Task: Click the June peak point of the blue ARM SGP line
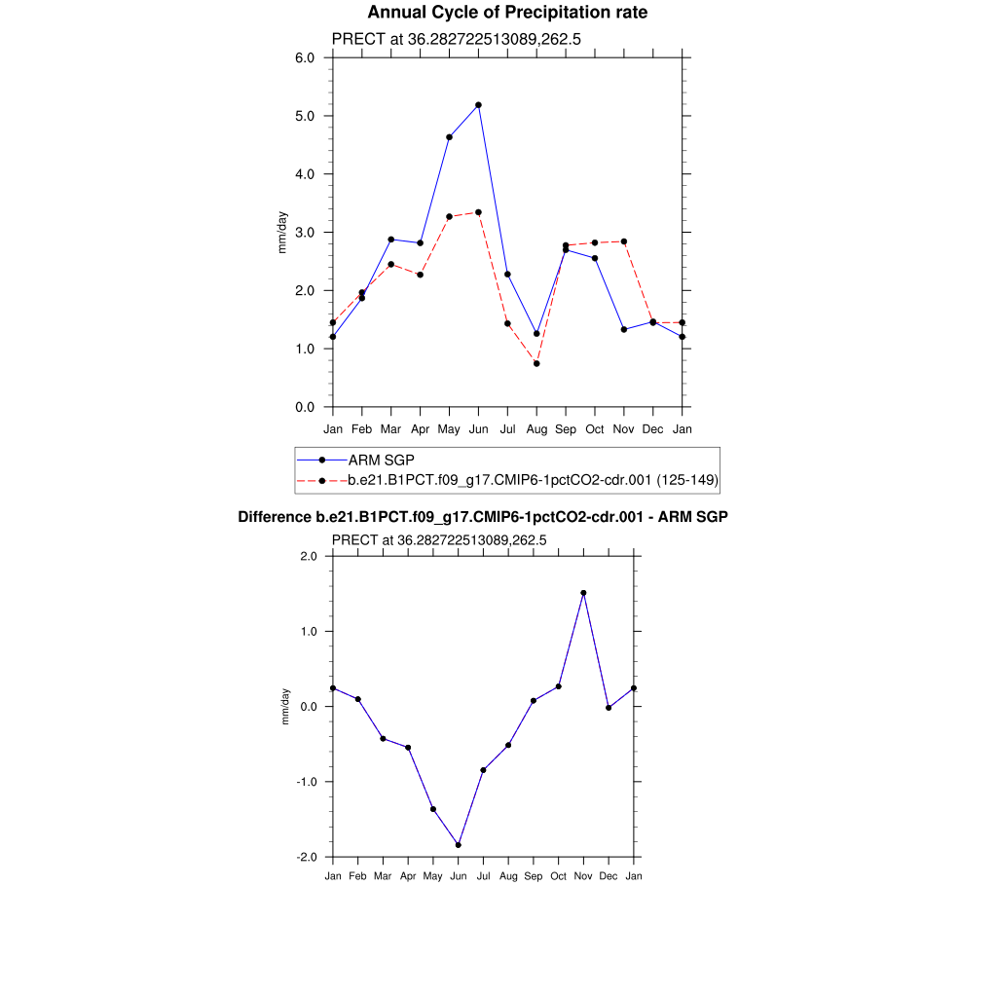pyautogui.click(x=478, y=105)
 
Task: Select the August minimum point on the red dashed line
pyautogui.click(x=536, y=363)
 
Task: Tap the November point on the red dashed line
pyautogui.click(x=624, y=241)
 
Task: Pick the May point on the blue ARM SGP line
pyautogui.click(x=449, y=137)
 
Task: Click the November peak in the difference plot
pyautogui.click(x=583, y=593)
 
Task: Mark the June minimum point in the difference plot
pyautogui.click(x=458, y=845)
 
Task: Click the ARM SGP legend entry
pyautogui.click(x=376, y=461)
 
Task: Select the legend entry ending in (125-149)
pyautogui.click(x=534, y=480)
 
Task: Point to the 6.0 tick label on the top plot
pyautogui.click(x=305, y=57)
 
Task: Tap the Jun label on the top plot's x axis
pyautogui.click(x=478, y=429)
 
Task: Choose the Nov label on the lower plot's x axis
pyautogui.click(x=583, y=876)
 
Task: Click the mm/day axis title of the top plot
pyautogui.click(x=282, y=232)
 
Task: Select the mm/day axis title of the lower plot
pyautogui.click(x=285, y=706)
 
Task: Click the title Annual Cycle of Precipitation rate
pyautogui.click(x=507, y=13)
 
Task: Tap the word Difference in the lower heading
pyautogui.click(x=274, y=517)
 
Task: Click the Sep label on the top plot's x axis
pyautogui.click(x=566, y=429)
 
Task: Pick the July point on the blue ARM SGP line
pyautogui.click(x=507, y=275)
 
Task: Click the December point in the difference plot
pyautogui.click(x=609, y=708)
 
